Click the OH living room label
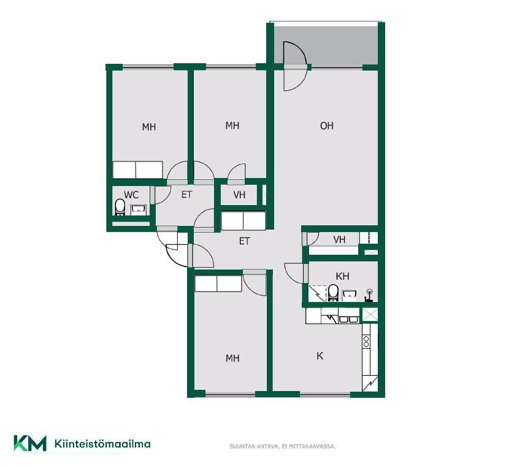pyautogui.click(x=326, y=126)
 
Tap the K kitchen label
pyautogui.click(x=320, y=356)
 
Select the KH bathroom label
pyautogui.click(x=342, y=276)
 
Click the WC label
pyautogui.click(x=131, y=195)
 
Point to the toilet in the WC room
pyautogui.click(x=120, y=207)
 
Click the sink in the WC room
pyautogui.click(x=139, y=209)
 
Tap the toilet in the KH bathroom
pyautogui.click(x=334, y=293)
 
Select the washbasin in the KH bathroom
pyautogui.click(x=349, y=295)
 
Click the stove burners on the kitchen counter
pyautogui.click(x=366, y=341)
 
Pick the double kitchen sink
pyautogui.click(x=349, y=319)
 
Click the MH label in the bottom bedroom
pyautogui.click(x=232, y=358)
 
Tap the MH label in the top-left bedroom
pyautogui.click(x=148, y=126)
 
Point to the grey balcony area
pyautogui.click(x=326, y=45)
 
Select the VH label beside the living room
pyautogui.click(x=339, y=239)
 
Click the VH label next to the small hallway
pyautogui.click(x=239, y=195)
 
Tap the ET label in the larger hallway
pyautogui.click(x=244, y=241)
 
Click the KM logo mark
pyautogui.click(x=30, y=443)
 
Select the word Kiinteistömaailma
pyautogui.click(x=102, y=444)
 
